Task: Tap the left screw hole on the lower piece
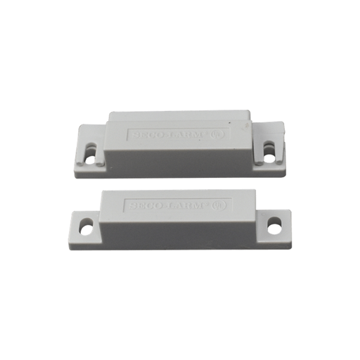[86, 226]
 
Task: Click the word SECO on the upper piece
[145, 134]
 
